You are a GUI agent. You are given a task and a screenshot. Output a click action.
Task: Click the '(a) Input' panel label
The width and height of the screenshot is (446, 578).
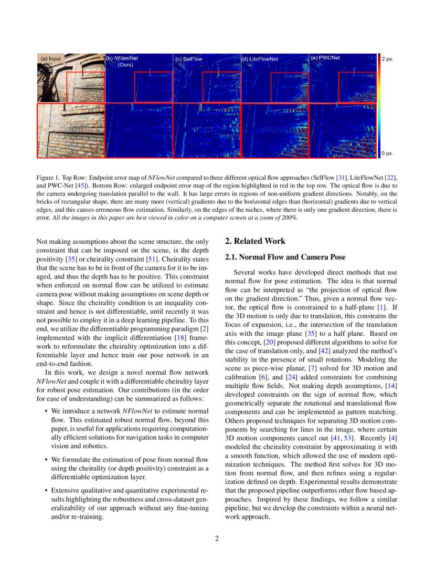tap(51, 58)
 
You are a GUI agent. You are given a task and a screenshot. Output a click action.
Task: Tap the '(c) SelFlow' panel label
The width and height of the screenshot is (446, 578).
tap(189, 59)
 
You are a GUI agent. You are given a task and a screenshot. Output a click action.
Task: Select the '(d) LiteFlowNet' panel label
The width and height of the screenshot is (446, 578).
tap(260, 59)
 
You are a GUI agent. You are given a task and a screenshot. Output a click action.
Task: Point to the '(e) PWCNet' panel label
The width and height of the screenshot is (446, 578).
tap(325, 58)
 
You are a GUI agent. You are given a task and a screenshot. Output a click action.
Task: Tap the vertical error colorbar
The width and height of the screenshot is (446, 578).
tap(379, 105)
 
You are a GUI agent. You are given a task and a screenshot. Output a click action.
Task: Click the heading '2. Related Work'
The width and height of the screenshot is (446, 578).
tap(255, 241)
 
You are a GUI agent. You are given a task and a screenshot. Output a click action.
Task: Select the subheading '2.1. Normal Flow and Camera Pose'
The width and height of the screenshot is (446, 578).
tap(285, 257)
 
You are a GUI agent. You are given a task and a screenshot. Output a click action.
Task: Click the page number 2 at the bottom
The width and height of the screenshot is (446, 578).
tap(217, 538)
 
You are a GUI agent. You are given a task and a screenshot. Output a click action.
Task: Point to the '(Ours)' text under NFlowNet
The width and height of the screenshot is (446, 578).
tap(125, 65)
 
